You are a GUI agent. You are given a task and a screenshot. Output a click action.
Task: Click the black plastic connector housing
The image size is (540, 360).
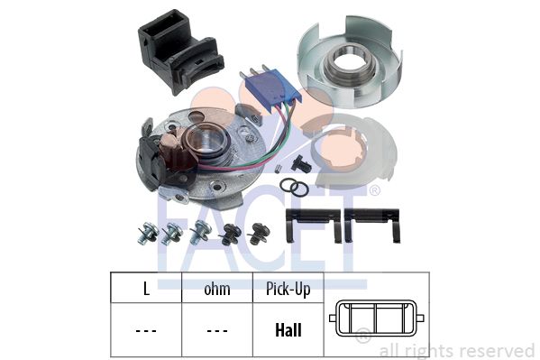[x=179, y=51]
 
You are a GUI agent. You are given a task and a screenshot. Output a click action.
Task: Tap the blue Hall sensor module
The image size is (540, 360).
[x=271, y=88]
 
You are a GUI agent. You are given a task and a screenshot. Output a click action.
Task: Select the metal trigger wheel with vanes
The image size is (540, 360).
[x=350, y=62]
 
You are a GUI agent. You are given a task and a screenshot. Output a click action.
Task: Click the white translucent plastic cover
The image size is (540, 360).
[x=354, y=152]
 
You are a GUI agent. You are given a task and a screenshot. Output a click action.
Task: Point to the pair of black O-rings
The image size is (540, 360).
[x=294, y=188]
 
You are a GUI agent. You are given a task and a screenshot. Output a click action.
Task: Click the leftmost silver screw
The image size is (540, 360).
[x=147, y=233]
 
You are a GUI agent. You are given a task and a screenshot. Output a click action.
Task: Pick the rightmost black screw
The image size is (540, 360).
[x=259, y=234]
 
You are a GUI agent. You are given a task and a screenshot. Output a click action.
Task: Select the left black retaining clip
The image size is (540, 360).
[x=314, y=224]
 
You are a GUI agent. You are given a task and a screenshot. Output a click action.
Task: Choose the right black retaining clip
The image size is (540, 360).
[x=372, y=224]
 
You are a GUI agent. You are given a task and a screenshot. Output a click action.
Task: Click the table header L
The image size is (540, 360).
[x=146, y=289]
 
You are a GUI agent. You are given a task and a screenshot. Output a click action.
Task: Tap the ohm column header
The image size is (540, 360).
[x=217, y=289]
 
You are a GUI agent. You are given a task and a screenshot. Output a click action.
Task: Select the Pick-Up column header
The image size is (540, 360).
[x=288, y=289]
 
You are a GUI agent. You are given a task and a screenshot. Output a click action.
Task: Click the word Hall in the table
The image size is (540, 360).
[x=288, y=330]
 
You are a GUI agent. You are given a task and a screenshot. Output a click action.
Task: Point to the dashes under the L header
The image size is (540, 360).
[x=146, y=331]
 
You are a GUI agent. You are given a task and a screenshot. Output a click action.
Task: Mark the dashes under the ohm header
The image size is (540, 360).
[x=217, y=331]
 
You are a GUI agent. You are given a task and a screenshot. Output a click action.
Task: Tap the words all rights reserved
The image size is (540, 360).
[x=457, y=350]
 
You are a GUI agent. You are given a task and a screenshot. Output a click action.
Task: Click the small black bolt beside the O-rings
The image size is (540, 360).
[x=300, y=163]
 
